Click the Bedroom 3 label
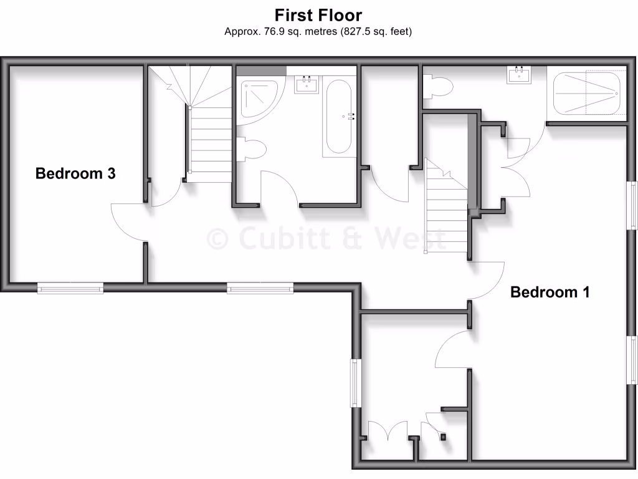(75, 173)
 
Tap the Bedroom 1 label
(550, 292)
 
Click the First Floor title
(318, 15)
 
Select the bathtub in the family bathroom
(338, 116)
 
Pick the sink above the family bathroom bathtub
(307, 84)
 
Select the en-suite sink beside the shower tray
(520, 75)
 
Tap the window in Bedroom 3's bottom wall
(70, 288)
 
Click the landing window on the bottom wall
(260, 288)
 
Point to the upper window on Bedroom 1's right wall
(632, 205)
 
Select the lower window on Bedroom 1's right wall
(632, 361)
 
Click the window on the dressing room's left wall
(355, 383)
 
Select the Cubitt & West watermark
(326, 239)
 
